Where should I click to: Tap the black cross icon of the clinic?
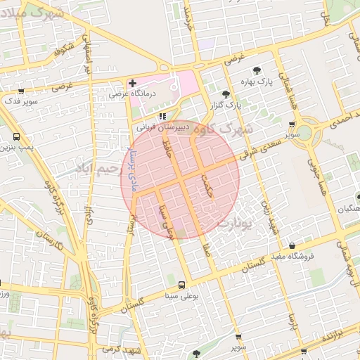click(132, 83)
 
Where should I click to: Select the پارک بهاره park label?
click(257, 83)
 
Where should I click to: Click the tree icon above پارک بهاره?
click(257, 71)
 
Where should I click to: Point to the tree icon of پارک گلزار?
click(226, 94)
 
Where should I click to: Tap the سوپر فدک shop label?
click(22, 102)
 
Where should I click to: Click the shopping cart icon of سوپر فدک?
click(21, 91)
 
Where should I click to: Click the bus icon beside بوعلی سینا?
click(182, 285)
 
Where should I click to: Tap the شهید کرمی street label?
click(122, 349)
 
